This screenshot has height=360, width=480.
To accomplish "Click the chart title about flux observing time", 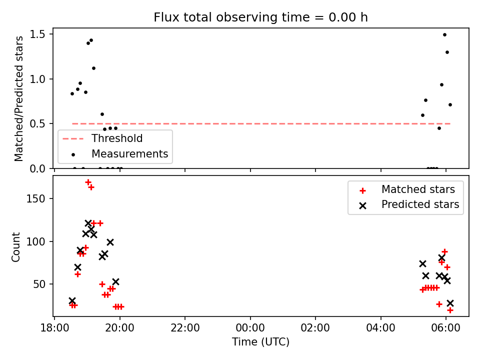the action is point(260,17).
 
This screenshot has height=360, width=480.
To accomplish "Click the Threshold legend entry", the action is point(102,138).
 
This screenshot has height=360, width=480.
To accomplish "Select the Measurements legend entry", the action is point(119,153).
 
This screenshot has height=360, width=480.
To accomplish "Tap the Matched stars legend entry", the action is point(407,189).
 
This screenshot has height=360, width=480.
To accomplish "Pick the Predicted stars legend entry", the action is point(409,204).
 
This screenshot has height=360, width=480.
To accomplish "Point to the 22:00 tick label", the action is point(185,328).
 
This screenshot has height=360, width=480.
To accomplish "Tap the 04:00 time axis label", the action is point(380,328).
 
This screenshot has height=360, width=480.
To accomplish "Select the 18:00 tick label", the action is point(54,328).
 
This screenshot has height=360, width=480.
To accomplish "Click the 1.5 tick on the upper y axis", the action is point(37,34).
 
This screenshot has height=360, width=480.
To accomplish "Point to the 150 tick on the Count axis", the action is point(36,198).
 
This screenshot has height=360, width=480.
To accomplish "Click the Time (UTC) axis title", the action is point(260,341).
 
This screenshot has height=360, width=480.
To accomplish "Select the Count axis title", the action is point(15,246).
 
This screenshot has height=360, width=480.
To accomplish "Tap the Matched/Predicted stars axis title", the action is point(18,98).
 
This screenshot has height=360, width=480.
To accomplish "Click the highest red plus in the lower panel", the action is point(88,182).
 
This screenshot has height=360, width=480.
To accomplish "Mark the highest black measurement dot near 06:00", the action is point(444,35).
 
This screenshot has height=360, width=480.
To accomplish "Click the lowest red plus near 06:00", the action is point(449,310).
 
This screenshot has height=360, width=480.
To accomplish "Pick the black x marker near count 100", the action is point(110,242).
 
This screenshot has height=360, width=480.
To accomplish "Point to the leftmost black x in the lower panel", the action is point(72,300).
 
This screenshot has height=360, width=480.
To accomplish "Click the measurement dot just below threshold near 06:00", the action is point(439,128).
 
